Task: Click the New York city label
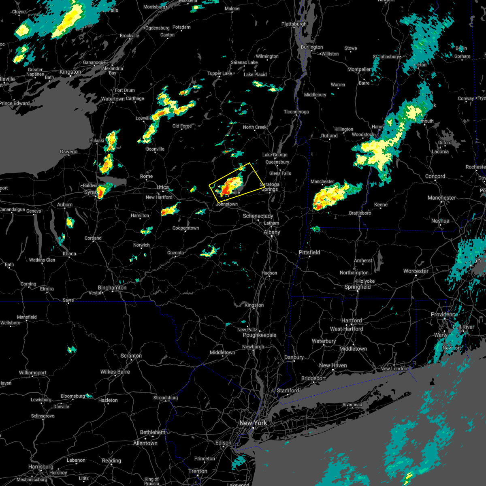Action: click(x=253, y=423)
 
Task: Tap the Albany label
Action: click(x=272, y=232)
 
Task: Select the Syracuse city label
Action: click(x=90, y=192)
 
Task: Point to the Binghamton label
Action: click(x=112, y=288)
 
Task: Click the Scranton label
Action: click(x=131, y=356)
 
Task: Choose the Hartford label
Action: click(x=352, y=320)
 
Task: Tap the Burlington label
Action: click(x=312, y=47)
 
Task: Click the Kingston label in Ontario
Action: click(x=70, y=72)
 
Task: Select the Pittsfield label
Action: click(x=309, y=252)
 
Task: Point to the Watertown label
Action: click(x=113, y=99)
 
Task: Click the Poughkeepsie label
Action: click(x=260, y=335)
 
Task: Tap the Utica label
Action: click(x=163, y=187)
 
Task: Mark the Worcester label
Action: click(x=416, y=271)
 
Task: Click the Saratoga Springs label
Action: click(x=270, y=187)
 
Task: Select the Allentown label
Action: click(x=145, y=443)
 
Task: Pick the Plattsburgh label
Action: click(x=294, y=24)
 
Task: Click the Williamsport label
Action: click(x=33, y=373)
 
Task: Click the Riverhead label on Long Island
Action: click(x=352, y=405)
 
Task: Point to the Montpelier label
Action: click(x=359, y=69)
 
